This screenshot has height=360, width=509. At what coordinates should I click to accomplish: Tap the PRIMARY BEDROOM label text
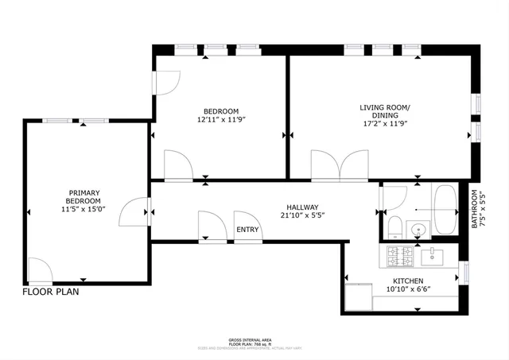pos(84,201)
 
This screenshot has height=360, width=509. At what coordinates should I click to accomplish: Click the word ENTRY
pos(247,230)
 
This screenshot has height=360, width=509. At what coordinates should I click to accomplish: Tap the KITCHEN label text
pos(408,281)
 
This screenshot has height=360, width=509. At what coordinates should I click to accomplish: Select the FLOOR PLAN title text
pos(51,292)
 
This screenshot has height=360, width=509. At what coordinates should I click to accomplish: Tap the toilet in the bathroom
pos(393,226)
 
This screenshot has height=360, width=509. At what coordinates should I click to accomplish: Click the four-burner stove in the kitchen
pos(398,256)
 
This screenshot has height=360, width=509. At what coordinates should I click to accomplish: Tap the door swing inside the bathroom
pos(395,198)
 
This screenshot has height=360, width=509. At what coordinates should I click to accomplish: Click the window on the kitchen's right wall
pos(467,273)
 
